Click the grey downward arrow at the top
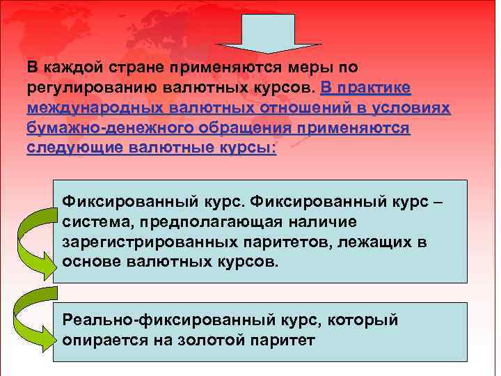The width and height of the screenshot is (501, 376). pos(266,31)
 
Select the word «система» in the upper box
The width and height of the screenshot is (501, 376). pos(94,222)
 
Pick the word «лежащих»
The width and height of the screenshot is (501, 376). pos(375,242)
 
